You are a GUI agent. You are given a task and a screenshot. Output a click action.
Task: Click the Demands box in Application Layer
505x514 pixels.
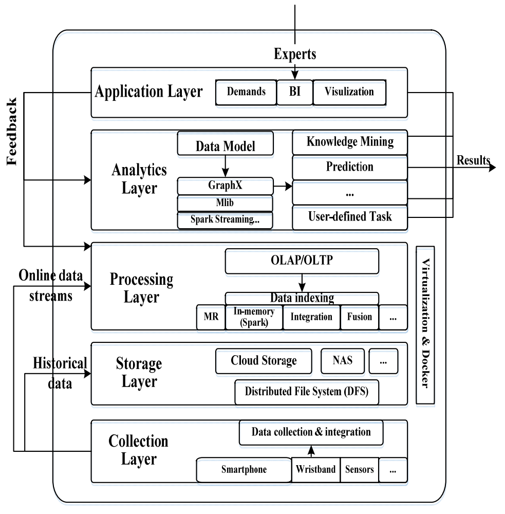click(246, 93)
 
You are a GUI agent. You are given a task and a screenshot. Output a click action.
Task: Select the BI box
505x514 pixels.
click(294, 93)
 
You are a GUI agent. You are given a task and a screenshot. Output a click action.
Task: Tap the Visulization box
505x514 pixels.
click(349, 93)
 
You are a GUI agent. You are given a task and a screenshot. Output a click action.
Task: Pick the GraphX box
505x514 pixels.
click(225, 186)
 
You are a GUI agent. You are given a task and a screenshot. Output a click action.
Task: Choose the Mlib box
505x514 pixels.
click(225, 203)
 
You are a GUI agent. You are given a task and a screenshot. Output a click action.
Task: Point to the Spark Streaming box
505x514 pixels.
click(225, 219)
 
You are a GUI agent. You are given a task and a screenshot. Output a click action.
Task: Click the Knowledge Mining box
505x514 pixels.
click(350, 142)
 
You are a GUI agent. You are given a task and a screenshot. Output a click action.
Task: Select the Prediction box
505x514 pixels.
click(350, 167)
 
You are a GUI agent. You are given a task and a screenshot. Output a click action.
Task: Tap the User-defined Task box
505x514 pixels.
click(350, 217)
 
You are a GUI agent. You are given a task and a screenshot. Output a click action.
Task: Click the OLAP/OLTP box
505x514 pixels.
click(302, 261)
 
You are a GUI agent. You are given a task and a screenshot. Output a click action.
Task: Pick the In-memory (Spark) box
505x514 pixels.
click(254, 317)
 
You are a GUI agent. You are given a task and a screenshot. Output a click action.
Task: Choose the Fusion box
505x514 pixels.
click(359, 317)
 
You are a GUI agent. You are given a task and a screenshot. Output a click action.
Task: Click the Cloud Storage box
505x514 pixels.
click(264, 361)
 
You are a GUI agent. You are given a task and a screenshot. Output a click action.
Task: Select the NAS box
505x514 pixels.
click(343, 361)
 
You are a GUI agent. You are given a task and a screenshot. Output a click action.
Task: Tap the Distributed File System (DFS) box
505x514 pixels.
click(306, 392)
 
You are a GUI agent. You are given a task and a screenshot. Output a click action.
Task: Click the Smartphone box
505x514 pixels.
click(244, 469)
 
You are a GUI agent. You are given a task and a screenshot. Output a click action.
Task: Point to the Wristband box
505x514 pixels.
click(315, 469)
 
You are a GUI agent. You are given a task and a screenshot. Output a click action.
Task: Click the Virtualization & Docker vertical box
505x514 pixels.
click(425, 325)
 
